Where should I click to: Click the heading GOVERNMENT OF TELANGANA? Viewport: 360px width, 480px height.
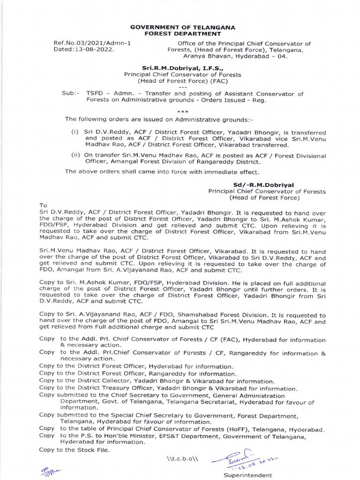(x=182, y=28)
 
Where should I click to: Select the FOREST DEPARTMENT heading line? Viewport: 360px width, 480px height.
(x=182, y=34)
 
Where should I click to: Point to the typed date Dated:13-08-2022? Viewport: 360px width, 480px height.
(x=84, y=50)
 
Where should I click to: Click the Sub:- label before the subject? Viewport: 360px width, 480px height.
(x=71, y=94)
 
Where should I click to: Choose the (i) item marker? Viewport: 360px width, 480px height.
(x=75, y=132)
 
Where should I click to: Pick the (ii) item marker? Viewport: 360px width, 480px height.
(x=75, y=156)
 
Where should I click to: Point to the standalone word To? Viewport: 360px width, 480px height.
(x=44, y=205)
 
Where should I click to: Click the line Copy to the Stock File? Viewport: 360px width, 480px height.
(x=75, y=450)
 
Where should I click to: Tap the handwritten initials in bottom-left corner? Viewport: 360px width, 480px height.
(x=48, y=470)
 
